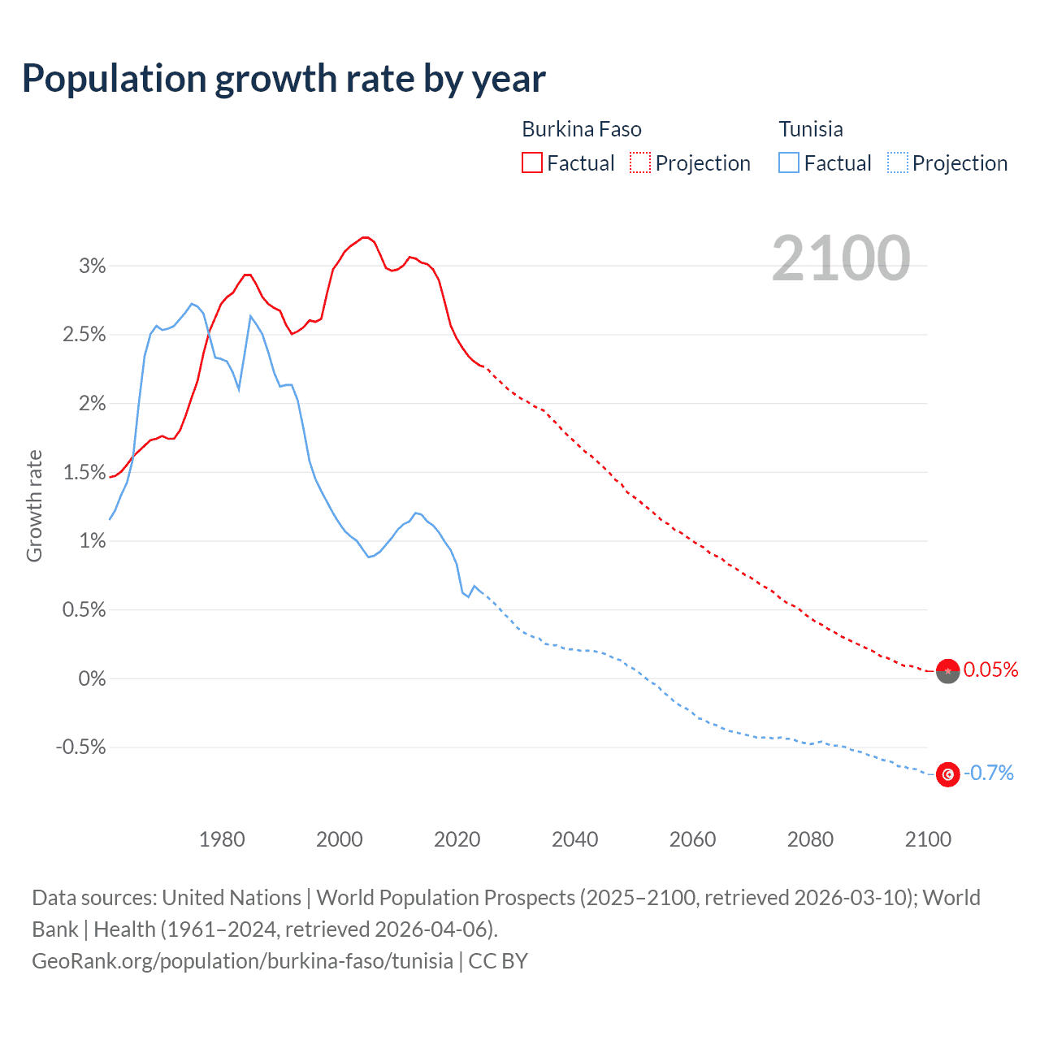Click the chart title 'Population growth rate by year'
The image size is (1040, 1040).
coord(284,79)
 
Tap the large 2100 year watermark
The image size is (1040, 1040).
coord(841,258)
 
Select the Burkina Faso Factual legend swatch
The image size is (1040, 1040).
coord(532,162)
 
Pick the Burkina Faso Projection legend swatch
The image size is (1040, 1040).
coord(640,162)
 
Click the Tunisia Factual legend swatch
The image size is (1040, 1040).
coord(789,162)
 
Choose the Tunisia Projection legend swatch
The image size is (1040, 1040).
coord(898,162)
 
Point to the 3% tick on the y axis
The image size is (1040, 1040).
coord(92,266)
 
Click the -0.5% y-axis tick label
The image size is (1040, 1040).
coord(81,747)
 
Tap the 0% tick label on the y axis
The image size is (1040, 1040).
coord(92,678)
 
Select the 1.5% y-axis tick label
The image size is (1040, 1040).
coord(84,472)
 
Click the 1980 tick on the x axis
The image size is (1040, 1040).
coord(222,839)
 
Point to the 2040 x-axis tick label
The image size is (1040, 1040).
coord(574,839)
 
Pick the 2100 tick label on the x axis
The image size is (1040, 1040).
coord(928,839)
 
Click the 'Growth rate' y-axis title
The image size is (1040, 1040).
coord(34,505)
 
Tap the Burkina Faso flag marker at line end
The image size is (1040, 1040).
coord(947,671)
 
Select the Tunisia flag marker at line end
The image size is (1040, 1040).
coord(947,774)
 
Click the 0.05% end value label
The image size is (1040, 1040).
coord(990,669)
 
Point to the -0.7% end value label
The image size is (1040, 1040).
coord(989,773)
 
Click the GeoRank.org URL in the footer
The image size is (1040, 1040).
coord(242,961)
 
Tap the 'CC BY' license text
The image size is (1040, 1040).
coord(498,961)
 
